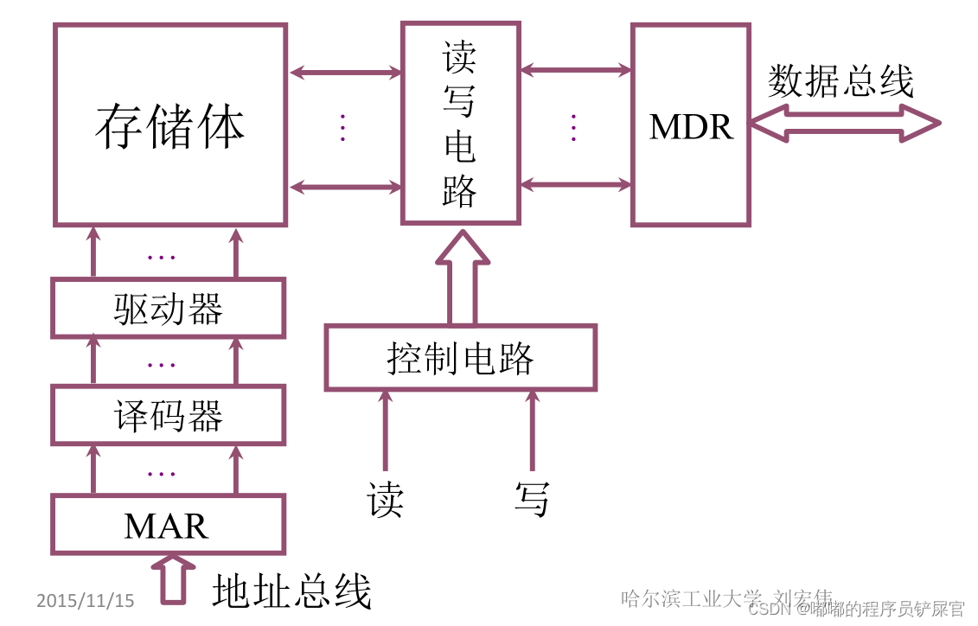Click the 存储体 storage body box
[x=170, y=125]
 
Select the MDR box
[x=691, y=126]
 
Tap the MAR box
[x=168, y=525]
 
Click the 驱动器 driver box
[x=168, y=308]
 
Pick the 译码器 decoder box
[x=168, y=416]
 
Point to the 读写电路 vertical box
[x=460, y=125]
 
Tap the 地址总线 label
[x=291, y=592]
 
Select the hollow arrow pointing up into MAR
[x=173, y=579]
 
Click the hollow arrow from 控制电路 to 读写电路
[x=462, y=277]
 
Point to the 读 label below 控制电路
[x=385, y=499]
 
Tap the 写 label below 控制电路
[x=532, y=499]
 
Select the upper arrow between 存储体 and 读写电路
[x=345, y=73]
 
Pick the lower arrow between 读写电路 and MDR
[x=576, y=184]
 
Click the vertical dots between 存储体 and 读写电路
[x=343, y=127]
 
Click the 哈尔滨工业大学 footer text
[x=692, y=597]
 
